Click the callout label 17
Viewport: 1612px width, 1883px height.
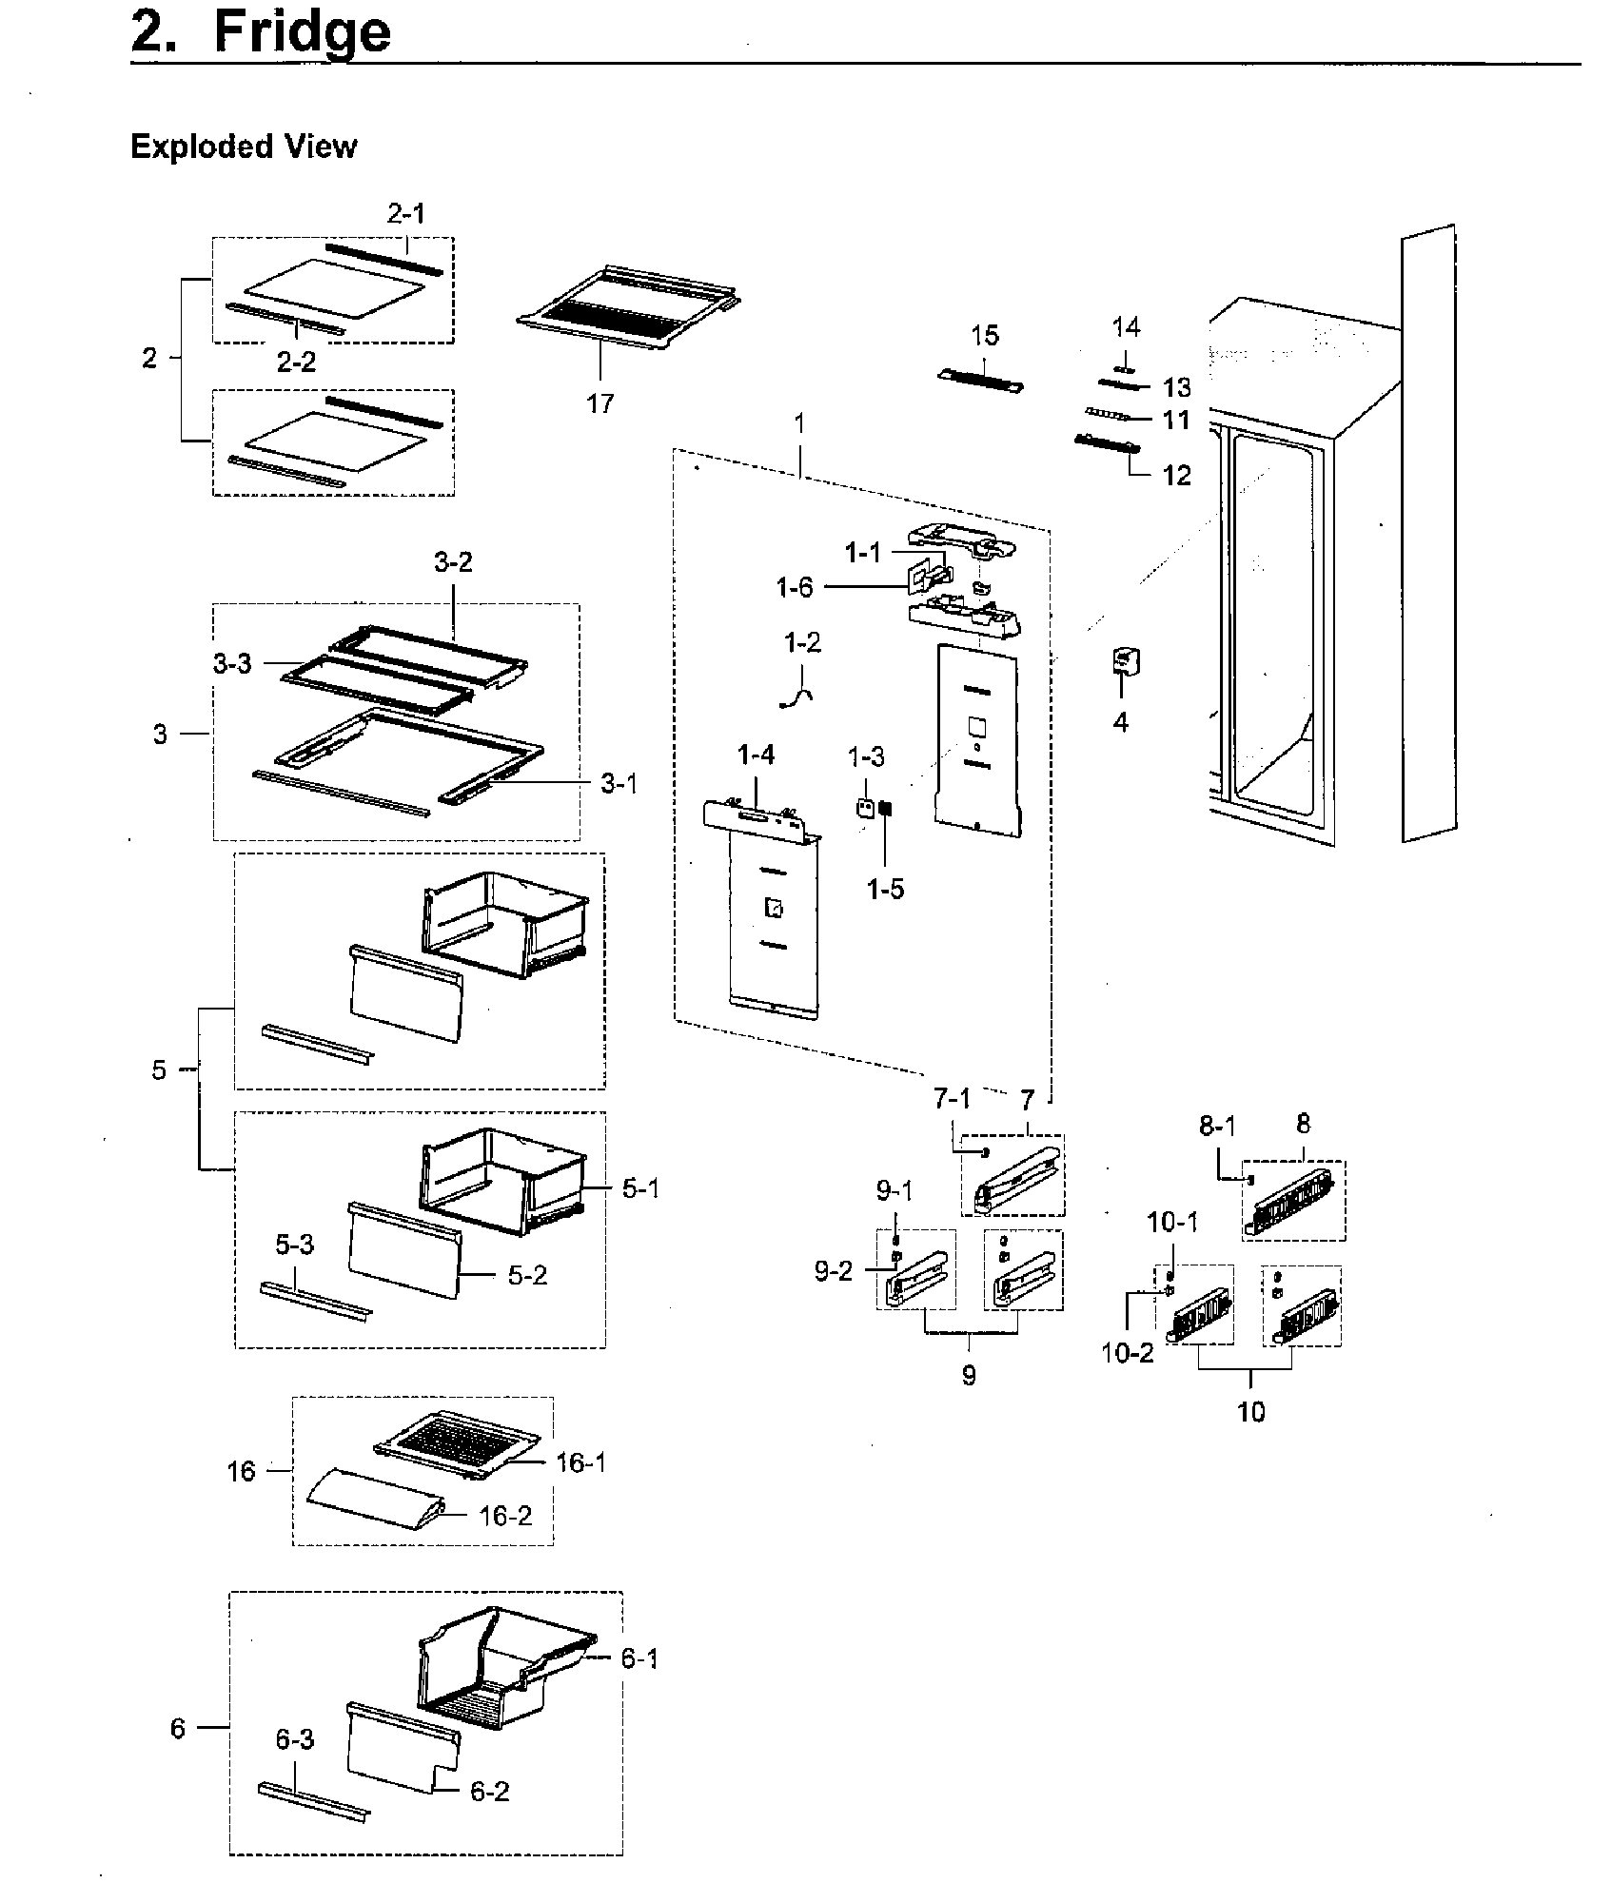tap(600, 403)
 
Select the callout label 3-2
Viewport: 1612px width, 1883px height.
tap(453, 562)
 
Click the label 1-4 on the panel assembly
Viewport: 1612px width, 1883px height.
tap(756, 755)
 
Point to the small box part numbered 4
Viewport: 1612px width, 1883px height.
tap(1126, 661)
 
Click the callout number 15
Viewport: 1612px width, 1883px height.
tap(985, 335)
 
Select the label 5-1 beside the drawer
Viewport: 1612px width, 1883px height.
tap(639, 1187)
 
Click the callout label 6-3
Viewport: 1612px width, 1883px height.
tap(294, 1739)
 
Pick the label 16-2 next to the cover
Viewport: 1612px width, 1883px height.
tap(505, 1516)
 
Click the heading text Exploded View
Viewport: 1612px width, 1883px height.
tap(244, 147)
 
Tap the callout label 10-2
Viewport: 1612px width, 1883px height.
tap(1127, 1352)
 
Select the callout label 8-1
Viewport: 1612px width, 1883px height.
tap(1217, 1127)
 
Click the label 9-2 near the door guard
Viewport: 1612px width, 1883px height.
tap(833, 1271)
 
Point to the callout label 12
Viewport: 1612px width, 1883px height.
tap(1177, 475)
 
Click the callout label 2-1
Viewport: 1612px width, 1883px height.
tap(406, 214)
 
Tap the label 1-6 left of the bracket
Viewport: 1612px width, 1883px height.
tap(795, 587)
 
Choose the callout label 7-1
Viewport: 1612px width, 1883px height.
tap(952, 1099)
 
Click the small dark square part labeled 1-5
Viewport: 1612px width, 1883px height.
tap(885, 809)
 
